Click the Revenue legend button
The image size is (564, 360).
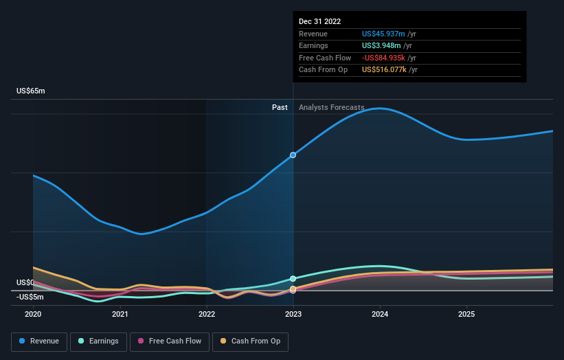[x=39, y=341]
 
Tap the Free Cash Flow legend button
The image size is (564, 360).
[x=169, y=341]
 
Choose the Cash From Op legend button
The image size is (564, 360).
[x=250, y=341]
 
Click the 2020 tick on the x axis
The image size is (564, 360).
[x=33, y=314]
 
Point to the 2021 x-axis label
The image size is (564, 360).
[x=120, y=314]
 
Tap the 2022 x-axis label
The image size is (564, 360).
[x=207, y=314]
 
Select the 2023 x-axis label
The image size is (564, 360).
[x=293, y=314]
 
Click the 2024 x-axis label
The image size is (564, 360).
[x=380, y=314]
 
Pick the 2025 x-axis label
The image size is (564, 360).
[x=466, y=314]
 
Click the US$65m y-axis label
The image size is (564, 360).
[x=31, y=91]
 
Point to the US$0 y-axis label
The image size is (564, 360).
[x=25, y=282]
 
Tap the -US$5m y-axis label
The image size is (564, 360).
[x=30, y=297]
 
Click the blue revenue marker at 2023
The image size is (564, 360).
[x=293, y=155]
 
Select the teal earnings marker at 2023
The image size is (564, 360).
[x=293, y=278]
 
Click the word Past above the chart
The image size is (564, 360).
[x=280, y=107]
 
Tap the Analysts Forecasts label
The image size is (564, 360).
[x=331, y=107]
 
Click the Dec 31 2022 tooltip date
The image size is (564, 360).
[x=319, y=22]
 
